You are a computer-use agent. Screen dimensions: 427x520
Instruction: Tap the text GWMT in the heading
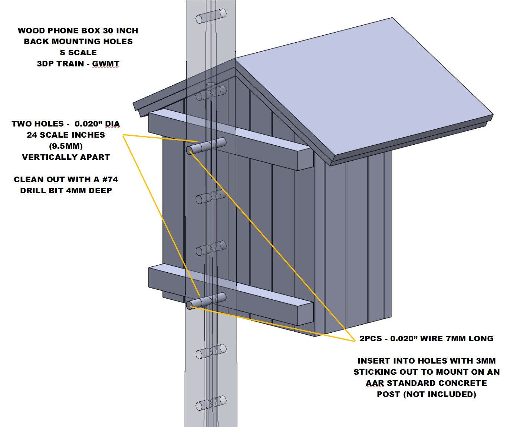pyautogui.click(x=106, y=64)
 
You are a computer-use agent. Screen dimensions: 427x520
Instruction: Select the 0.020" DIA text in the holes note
pyautogui.click(x=97, y=124)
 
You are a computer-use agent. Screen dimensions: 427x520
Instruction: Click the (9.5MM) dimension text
pyautogui.click(x=66, y=146)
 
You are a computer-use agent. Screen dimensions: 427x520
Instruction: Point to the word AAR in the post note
pyautogui.click(x=374, y=383)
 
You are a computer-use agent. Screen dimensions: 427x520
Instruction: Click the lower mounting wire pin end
pyautogui.click(x=189, y=305)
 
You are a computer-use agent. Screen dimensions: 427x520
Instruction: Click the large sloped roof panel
pyautogui.click(x=356, y=85)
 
